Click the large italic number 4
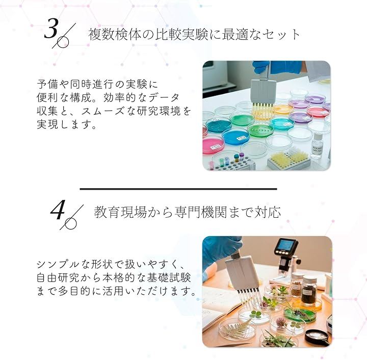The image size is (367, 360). [x=58, y=210]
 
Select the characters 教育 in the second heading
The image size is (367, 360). [x=107, y=212]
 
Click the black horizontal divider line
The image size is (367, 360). [x=178, y=189]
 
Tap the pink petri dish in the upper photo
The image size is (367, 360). [x=213, y=145]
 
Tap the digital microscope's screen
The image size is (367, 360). [x=286, y=245]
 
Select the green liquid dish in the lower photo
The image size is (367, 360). [x=298, y=313]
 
